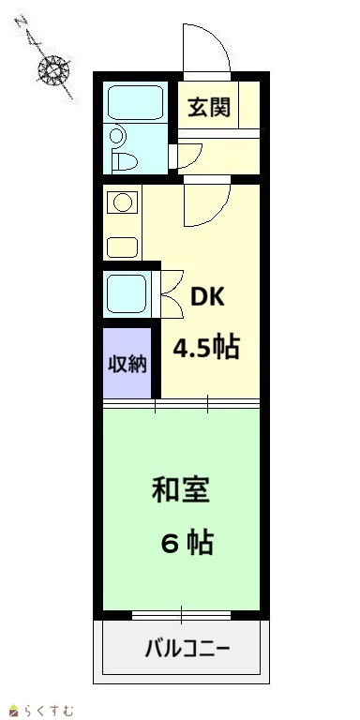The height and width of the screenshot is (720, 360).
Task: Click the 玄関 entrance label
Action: (x=209, y=108)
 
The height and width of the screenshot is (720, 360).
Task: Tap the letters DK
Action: (x=207, y=298)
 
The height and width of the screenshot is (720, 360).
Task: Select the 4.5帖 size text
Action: (x=206, y=348)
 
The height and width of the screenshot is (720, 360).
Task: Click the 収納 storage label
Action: (x=127, y=365)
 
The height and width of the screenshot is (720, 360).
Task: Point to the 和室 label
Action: (x=180, y=490)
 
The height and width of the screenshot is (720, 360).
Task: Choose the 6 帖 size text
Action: (x=187, y=543)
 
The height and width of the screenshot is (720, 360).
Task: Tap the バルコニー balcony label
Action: (x=187, y=650)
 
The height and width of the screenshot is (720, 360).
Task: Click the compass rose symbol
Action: (x=53, y=70)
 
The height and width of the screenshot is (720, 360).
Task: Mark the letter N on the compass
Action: (x=22, y=22)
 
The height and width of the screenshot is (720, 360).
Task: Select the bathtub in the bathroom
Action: (x=135, y=102)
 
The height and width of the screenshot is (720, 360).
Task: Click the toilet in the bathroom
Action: (x=126, y=160)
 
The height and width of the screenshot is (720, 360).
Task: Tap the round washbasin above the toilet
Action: (x=117, y=136)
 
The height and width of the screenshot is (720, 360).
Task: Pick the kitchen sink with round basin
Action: (x=123, y=202)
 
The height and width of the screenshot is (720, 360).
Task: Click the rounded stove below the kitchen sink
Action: (x=122, y=247)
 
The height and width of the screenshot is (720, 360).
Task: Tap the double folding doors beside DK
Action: (x=172, y=294)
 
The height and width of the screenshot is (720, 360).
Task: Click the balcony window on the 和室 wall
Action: (x=181, y=615)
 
